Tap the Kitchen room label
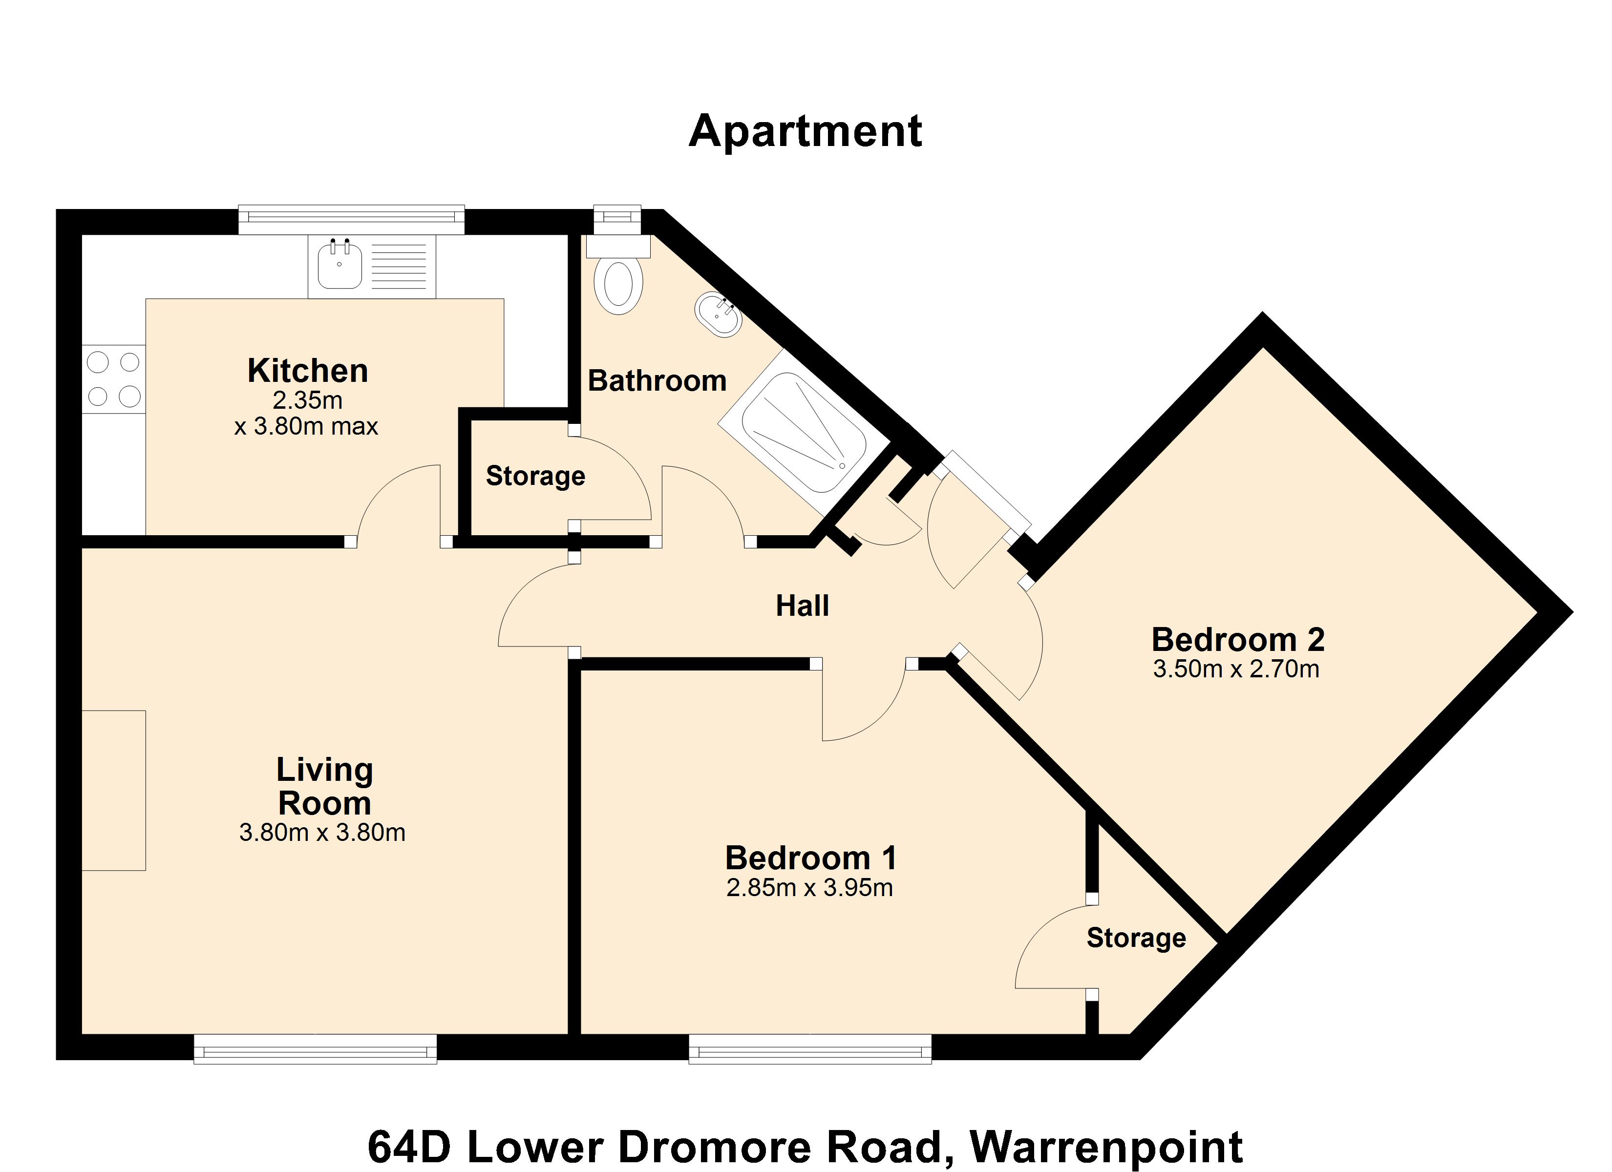[x=308, y=371]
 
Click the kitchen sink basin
[x=340, y=264]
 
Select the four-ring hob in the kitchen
[x=114, y=379]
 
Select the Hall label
[x=803, y=606]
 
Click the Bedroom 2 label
[x=1238, y=640]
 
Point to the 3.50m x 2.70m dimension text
[x=1236, y=670]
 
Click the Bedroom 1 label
[x=811, y=858]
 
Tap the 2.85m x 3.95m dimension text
[x=809, y=888]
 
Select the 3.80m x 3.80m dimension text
[x=322, y=832]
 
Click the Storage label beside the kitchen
[x=535, y=476]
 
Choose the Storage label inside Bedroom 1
[x=1136, y=938]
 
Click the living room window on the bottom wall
[x=315, y=1048]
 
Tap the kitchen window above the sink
[x=351, y=220]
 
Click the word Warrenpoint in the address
[x=1106, y=1147]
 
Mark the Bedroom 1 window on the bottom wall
[x=810, y=1048]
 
